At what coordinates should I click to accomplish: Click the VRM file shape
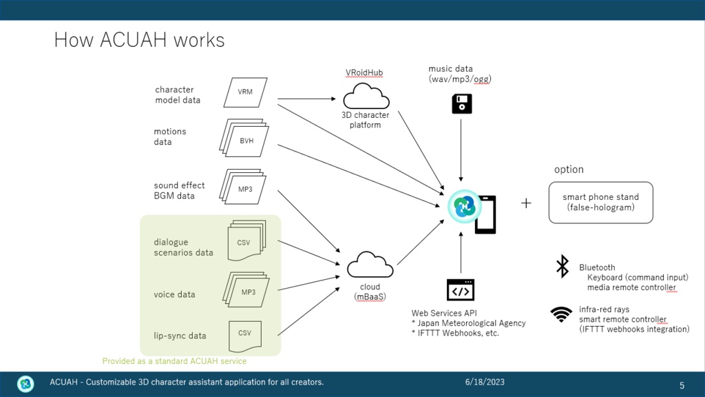tap(245, 92)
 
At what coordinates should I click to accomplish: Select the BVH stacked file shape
tap(245, 139)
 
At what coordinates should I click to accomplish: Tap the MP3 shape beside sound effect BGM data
tap(244, 187)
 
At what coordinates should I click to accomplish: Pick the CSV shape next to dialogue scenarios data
tap(245, 241)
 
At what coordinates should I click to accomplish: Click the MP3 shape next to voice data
tap(246, 291)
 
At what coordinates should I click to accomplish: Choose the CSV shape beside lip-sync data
tap(245, 334)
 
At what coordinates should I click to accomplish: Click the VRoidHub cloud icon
tap(366, 96)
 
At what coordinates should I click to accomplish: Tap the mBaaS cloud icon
tap(370, 266)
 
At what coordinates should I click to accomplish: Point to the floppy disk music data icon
tap(461, 104)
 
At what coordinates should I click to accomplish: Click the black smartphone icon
tap(485, 214)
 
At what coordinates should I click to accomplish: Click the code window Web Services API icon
tap(461, 290)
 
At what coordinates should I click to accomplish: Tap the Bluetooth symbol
tap(562, 267)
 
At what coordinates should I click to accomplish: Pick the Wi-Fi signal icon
tap(561, 315)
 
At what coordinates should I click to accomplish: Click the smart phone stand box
tap(600, 202)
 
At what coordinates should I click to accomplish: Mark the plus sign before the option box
tap(527, 203)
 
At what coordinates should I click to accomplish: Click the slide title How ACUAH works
tap(139, 40)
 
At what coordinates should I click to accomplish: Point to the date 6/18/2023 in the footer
tap(485, 382)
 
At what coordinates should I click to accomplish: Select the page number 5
tap(682, 385)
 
